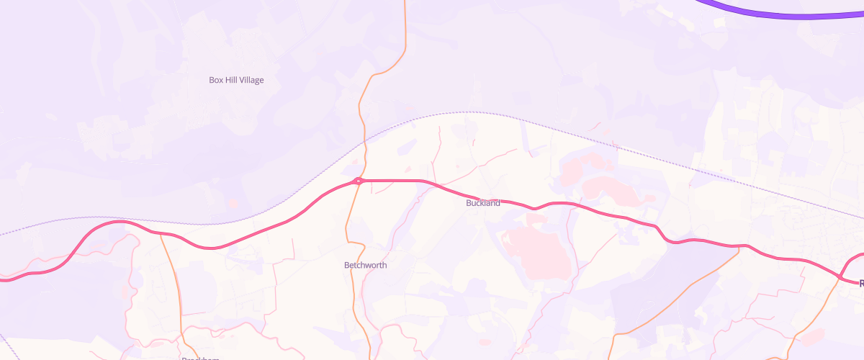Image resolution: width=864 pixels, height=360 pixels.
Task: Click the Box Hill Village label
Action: [x=236, y=80]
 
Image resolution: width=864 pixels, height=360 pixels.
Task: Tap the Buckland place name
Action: [x=482, y=203]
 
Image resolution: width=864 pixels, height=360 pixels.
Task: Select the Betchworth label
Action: [x=365, y=265]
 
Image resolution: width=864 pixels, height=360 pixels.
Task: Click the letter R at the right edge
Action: [x=860, y=283]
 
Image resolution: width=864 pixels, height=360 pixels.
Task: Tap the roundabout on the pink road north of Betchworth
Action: [x=359, y=181]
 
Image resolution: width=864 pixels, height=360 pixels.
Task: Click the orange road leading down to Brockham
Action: [x=175, y=281]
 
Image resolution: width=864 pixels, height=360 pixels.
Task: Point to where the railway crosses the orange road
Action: [x=364, y=139]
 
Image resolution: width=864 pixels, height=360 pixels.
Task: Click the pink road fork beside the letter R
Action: [x=841, y=275]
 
